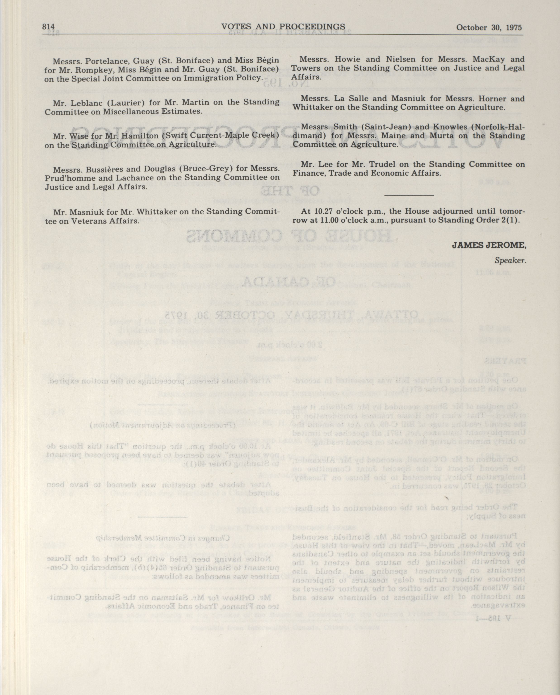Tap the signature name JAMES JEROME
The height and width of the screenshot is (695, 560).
pos(488,245)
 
